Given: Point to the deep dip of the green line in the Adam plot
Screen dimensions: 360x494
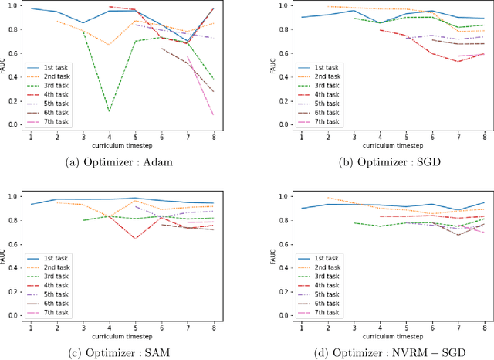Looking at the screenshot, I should [108, 111].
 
